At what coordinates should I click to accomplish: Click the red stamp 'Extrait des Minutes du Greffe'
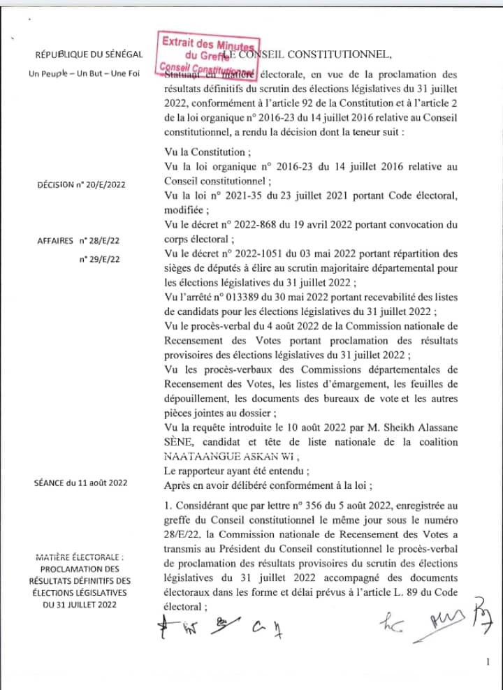210,54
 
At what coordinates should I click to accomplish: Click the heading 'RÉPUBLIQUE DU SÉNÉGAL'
89,55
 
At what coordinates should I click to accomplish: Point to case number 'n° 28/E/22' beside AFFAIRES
99,240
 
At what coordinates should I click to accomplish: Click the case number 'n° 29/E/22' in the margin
99,259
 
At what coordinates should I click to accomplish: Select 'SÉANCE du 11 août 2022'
80,483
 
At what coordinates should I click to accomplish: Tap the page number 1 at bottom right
487,662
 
